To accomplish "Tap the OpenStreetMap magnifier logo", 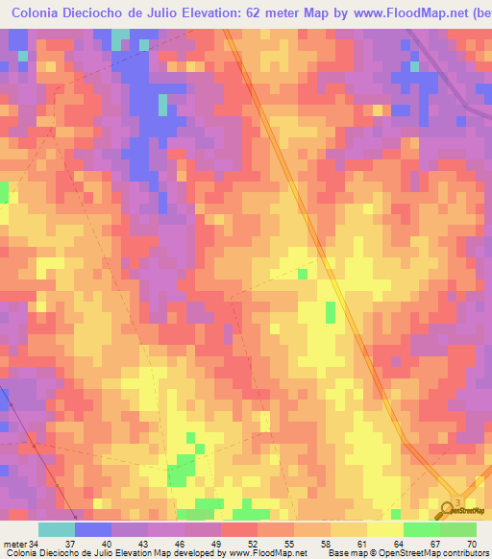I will click(448, 509).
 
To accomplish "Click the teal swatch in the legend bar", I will click(57, 529).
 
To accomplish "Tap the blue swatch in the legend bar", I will click(93, 529).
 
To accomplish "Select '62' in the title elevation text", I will click(253, 12).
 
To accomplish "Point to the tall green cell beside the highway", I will click(332, 312).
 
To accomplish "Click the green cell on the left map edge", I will click(4, 191).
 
